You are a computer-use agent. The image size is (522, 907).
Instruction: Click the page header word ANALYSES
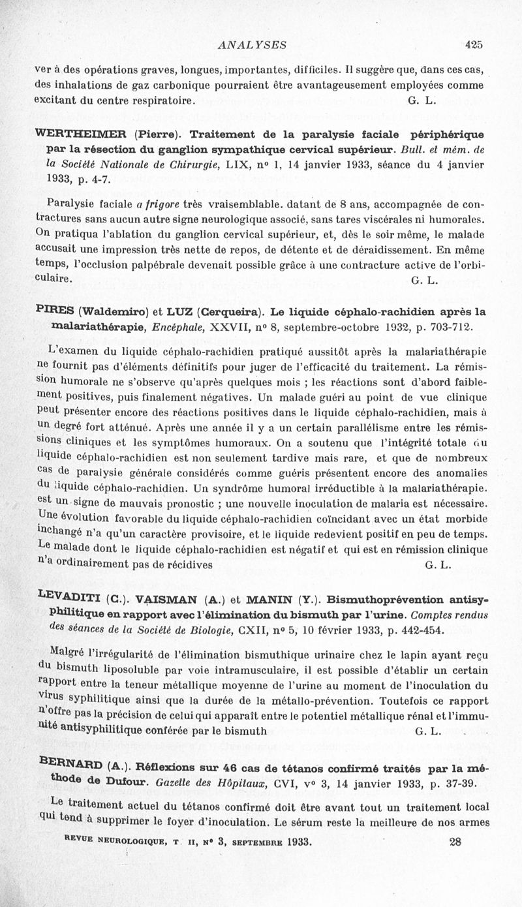pyautogui.click(x=253, y=45)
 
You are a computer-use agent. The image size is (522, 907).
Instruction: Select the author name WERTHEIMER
pyautogui.click(x=81, y=135)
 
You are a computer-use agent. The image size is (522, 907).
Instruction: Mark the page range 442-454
pyautogui.click(x=403, y=630)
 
